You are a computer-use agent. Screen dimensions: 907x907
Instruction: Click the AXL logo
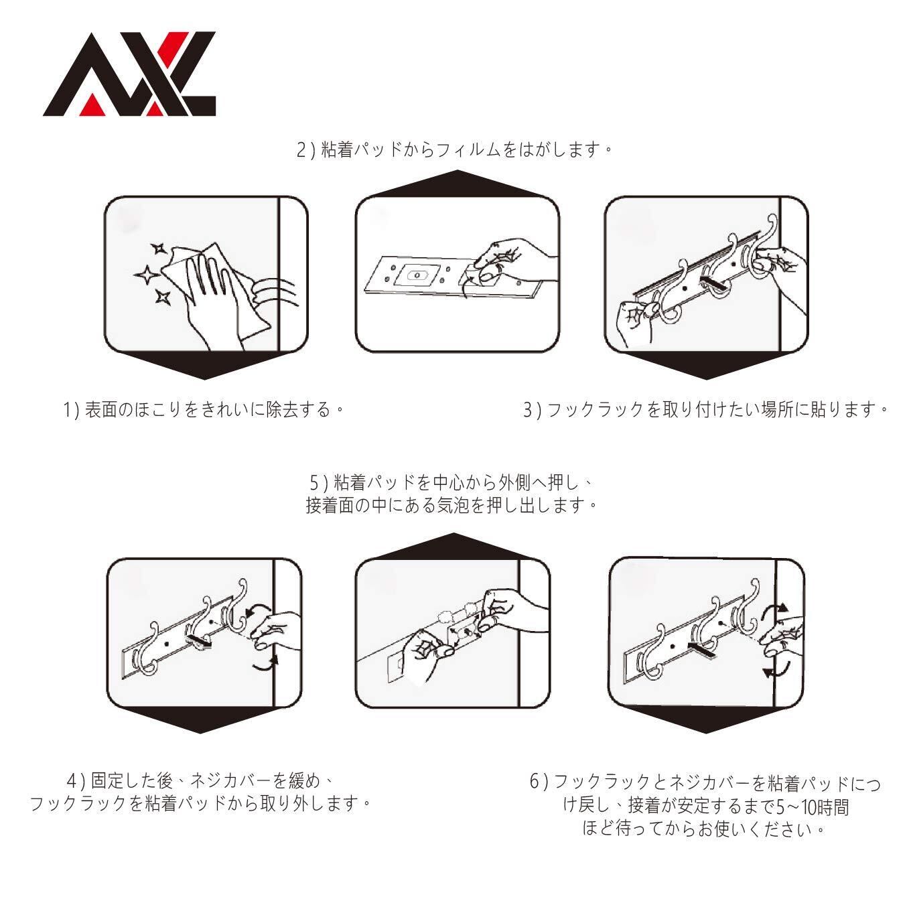click(x=129, y=74)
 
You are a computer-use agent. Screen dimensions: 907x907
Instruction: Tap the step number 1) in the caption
click(x=72, y=409)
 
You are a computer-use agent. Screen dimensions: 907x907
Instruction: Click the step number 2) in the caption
click(x=305, y=149)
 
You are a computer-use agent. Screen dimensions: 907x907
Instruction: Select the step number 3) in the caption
click(x=531, y=409)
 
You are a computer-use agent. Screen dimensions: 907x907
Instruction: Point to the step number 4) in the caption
click(x=76, y=781)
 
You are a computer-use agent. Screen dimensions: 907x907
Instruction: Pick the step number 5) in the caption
click(x=317, y=482)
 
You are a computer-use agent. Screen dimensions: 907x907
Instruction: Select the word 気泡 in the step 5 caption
click(x=456, y=505)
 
